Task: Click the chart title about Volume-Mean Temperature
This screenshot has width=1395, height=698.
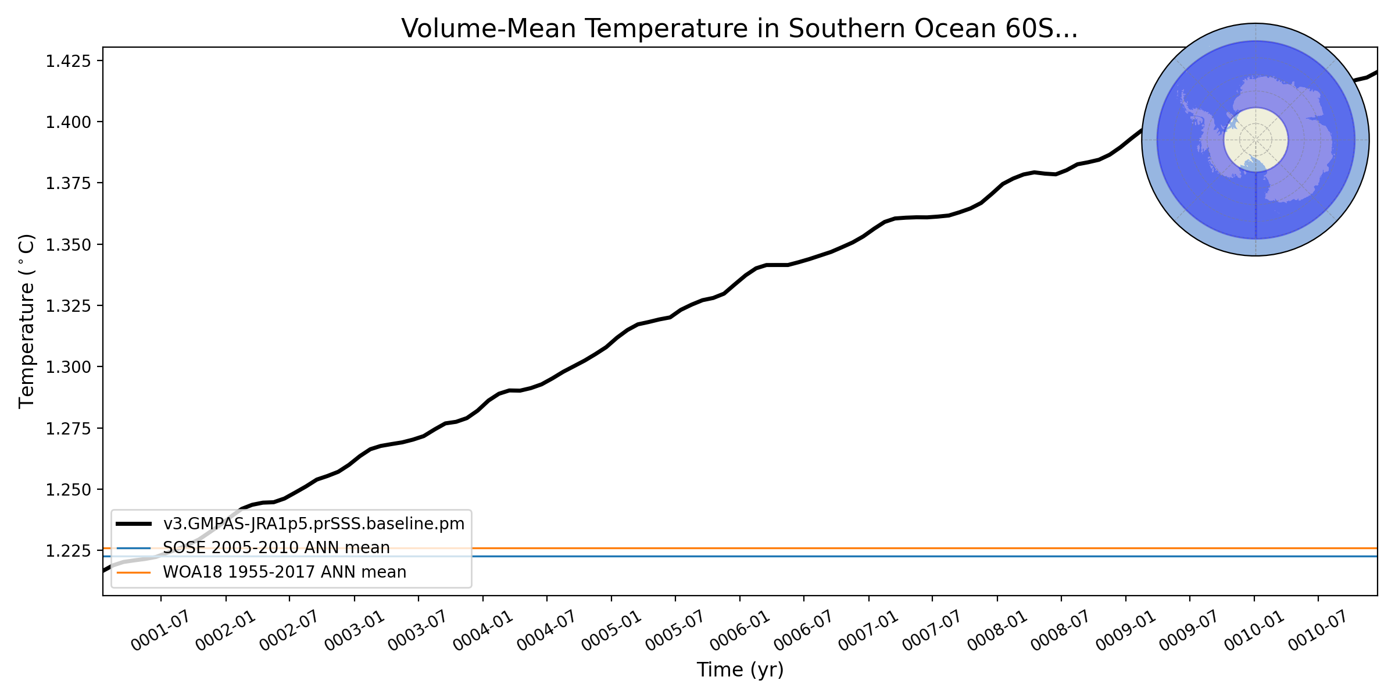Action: click(739, 29)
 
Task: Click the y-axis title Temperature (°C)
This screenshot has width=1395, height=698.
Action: click(27, 321)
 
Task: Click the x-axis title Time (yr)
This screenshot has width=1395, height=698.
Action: click(740, 669)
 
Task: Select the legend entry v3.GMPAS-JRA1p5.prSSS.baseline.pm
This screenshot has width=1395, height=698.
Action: click(313, 524)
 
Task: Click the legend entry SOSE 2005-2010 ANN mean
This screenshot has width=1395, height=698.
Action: click(276, 548)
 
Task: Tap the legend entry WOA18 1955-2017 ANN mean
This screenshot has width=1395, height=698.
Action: click(284, 572)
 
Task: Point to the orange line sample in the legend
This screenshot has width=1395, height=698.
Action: click(134, 572)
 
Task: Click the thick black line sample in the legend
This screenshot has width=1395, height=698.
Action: click(134, 524)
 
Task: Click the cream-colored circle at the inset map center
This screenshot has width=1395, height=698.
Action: click(1255, 140)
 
